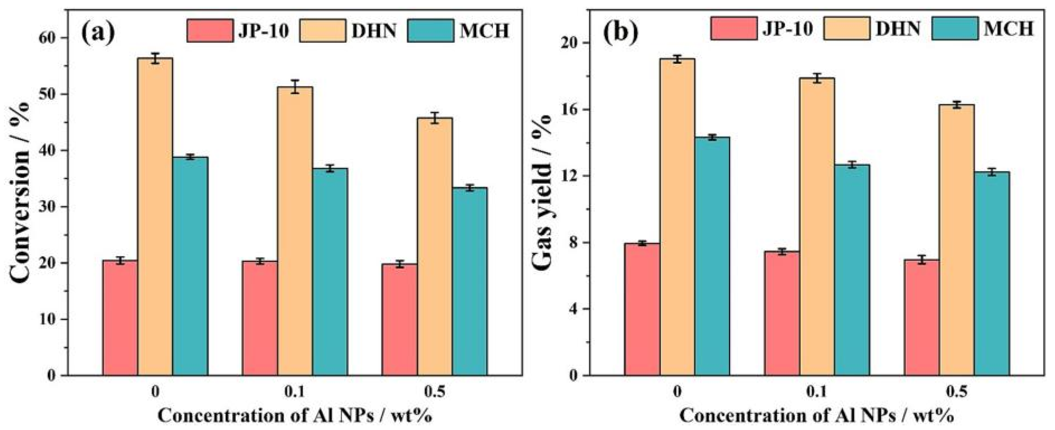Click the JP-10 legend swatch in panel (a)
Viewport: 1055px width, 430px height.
[x=210, y=30]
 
